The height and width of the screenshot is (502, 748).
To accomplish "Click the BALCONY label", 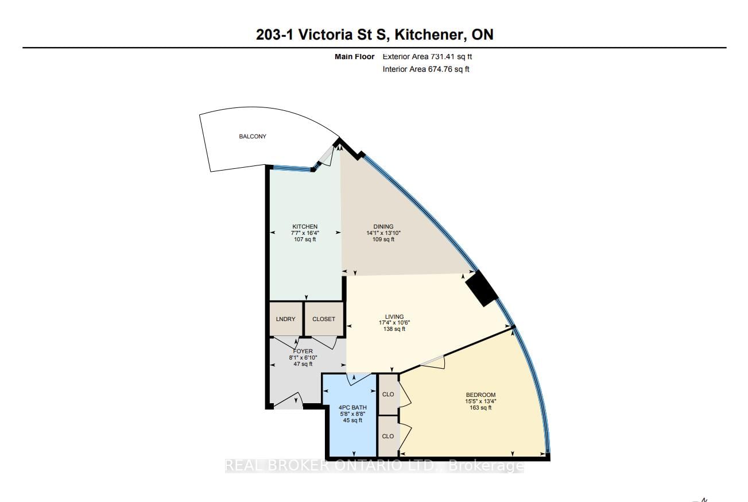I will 253,137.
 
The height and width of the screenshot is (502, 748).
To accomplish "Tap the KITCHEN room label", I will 305,227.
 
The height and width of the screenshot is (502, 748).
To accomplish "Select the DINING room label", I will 383,227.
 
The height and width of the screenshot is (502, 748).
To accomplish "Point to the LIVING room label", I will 394,316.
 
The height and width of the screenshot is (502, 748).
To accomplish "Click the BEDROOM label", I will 480,395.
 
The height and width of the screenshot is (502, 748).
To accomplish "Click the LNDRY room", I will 286,319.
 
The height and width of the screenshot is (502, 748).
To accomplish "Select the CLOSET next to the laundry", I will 324,319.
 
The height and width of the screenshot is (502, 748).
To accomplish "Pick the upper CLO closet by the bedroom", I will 388,394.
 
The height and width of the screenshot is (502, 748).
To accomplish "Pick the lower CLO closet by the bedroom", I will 388,436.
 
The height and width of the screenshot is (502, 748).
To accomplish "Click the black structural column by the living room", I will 481,288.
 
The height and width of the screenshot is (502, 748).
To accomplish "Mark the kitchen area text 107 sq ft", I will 304,240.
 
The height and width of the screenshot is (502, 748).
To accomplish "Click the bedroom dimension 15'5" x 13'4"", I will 480,401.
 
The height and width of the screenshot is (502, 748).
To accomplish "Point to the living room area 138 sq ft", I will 394,329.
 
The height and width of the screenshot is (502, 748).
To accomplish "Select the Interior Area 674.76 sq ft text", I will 426,69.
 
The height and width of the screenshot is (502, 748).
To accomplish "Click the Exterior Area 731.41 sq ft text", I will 427,56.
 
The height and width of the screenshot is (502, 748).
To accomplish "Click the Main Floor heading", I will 354,56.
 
